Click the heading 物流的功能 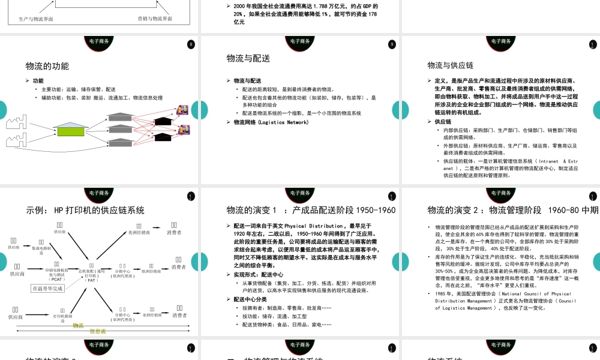(x=47, y=66)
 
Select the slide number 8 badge (x=191, y=44)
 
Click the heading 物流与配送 (x=248, y=58)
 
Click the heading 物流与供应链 (x=451, y=65)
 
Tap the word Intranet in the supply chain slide (x=545, y=161)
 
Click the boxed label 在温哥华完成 (x=47, y=288)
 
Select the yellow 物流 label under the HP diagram (x=78, y=325)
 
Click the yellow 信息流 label (x=97, y=331)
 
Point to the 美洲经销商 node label (x=139, y=232)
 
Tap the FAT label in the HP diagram (x=92, y=280)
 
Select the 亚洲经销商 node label (x=151, y=314)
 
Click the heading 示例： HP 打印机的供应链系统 (x=85, y=210)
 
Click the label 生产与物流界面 (x=35, y=19)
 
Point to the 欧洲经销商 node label (x=151, y=271)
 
